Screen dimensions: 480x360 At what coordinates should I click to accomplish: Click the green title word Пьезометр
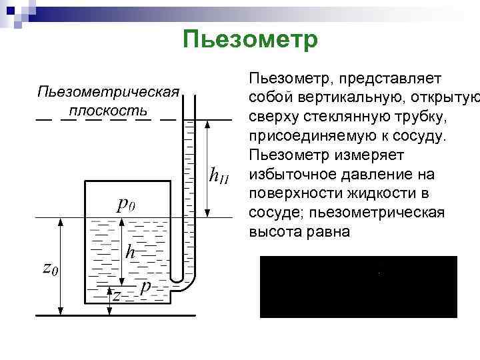pos(250,39)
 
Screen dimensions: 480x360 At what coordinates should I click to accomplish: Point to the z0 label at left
pos(50,268)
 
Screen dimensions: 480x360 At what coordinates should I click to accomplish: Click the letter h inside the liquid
pos(131,252)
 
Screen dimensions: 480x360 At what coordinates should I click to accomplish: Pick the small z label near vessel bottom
pos(116,295)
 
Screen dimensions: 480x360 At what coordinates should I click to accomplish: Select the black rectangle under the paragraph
pos(358,287)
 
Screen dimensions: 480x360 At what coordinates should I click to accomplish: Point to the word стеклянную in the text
pos(342,117)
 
